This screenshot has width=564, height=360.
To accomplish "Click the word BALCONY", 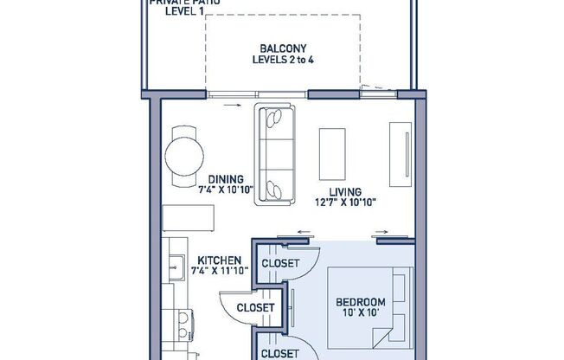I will tap(281, 48).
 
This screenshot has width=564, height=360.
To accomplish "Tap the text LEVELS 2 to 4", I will tap(281, 61).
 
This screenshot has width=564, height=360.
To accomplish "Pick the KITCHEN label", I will tap(219, 260).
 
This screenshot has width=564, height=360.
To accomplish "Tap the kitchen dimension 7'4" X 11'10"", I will tap(219, 271).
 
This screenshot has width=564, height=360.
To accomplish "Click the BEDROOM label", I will tap(361, 303).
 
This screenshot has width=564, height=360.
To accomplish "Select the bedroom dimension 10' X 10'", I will tap(361, 314).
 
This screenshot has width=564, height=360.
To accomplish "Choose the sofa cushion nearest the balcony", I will tap(276, 117).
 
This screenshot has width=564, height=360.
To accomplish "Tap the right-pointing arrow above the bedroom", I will tap(381, 232).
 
